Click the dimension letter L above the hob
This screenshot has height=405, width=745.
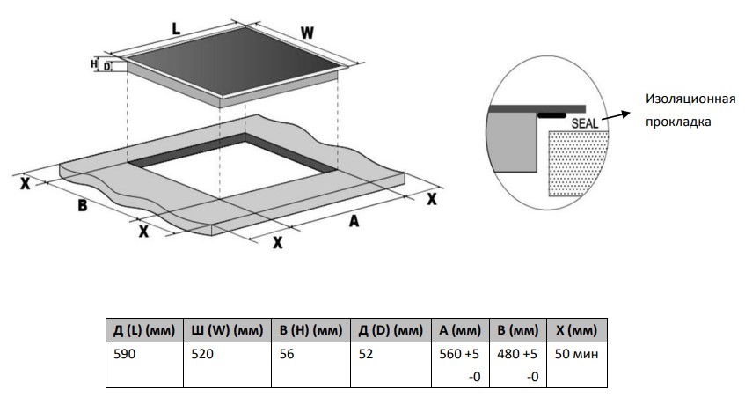(176, 28)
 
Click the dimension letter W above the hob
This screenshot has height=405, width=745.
(307, 33)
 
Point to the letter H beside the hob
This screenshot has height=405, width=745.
(93, 63)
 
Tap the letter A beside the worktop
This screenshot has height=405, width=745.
(354, 222)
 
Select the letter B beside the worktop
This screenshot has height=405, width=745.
(81, 206)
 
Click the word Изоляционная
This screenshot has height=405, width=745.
(690, 99)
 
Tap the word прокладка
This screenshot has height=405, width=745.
(677, 121)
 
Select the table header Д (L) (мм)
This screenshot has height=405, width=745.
(144, 331)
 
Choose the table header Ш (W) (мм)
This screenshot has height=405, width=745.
(227, 331)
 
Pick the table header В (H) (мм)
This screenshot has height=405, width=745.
(310, 331)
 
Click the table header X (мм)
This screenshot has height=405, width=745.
(577, 331)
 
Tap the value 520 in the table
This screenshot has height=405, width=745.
(203, 356)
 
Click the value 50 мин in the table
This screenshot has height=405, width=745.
(573, 356)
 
